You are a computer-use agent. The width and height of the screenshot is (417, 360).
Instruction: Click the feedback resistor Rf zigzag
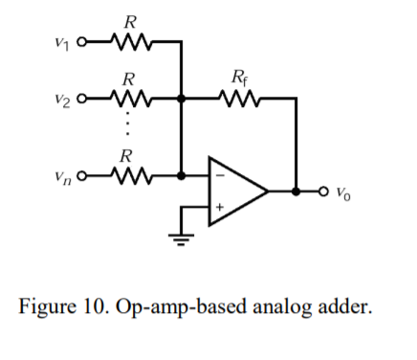pyautogui.click(x=237, y=98)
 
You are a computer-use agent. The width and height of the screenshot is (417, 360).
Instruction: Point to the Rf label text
pyautogui.click(x=238, y=76)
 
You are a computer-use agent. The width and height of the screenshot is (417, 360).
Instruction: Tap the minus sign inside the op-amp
pyautogui.click(x=219, y=176)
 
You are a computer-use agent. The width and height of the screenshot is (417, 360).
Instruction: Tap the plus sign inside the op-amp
pyautogui.click(x=219, y=207)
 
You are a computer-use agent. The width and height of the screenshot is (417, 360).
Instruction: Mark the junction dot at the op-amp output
pyautogui.click(x=296, y=191)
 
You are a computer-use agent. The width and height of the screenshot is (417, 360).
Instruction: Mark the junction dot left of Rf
pyautogui.click(x=181, y=98)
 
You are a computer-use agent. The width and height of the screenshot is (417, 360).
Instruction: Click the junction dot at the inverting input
pyautogui.click(x=181, y=175)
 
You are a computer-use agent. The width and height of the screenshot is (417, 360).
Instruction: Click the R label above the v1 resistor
pyautogui.click(x=126, y=20)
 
